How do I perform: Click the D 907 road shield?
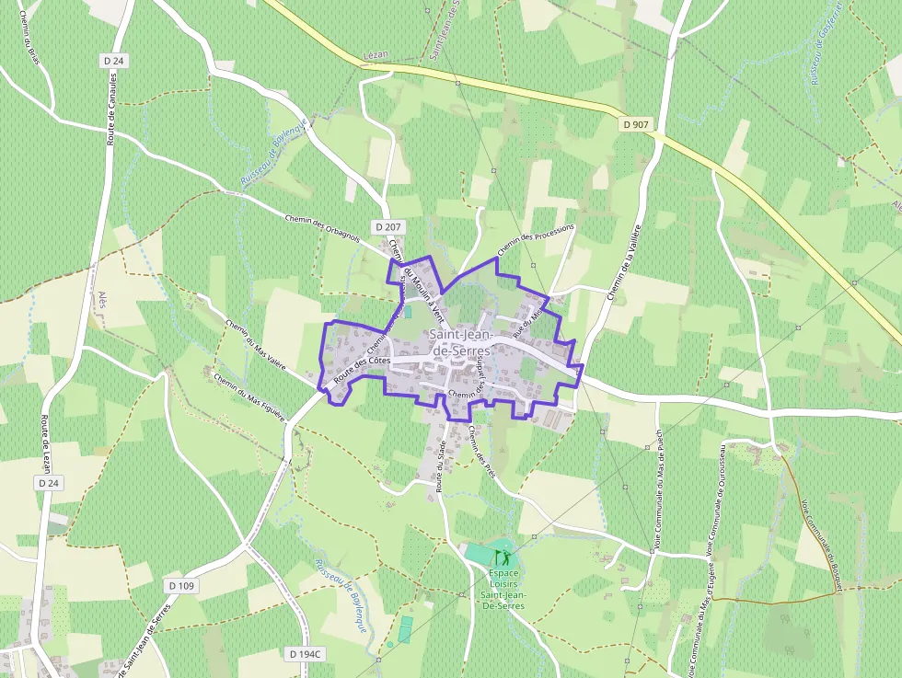point(635,123)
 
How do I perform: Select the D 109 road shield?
point(182,585)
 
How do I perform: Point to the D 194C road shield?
point(306,654)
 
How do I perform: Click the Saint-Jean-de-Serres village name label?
point(460,343)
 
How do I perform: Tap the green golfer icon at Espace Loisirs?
point(502,557)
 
